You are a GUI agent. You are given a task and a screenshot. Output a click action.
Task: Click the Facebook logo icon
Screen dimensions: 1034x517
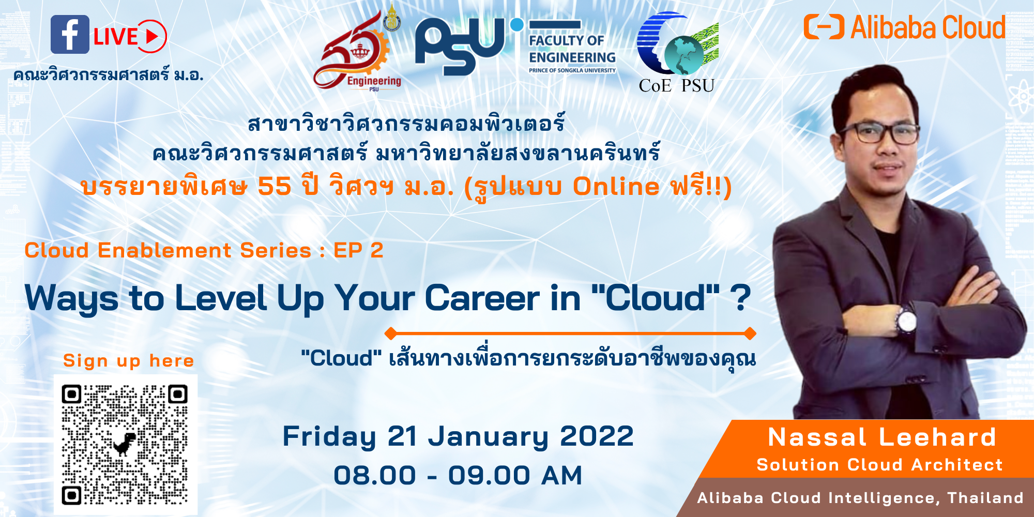coord(70,35)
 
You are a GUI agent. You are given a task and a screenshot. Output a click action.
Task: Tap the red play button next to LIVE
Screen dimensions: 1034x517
coord(152,36)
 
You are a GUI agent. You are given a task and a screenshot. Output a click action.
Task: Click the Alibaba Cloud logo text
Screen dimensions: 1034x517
coord(928,27)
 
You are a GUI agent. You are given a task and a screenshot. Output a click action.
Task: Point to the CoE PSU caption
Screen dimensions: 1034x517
coord(676,85)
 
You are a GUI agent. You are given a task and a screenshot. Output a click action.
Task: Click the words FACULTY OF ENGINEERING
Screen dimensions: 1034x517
coord(572,49)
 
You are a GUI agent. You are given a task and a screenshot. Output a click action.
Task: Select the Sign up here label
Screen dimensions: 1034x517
coord(128,360)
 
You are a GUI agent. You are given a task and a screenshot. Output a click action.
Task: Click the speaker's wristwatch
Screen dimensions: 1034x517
coord(906,321)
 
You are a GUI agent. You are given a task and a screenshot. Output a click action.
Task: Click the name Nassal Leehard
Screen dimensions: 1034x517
coord(882,437)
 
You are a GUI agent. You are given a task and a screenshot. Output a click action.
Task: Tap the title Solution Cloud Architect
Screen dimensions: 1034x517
coord(879,464)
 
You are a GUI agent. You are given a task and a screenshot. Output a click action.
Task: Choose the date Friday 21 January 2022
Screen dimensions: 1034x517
coord(458,436)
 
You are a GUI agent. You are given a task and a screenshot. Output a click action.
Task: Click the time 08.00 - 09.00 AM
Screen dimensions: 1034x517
coord(458,475)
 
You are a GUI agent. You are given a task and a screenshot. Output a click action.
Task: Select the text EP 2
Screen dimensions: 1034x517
coord(358,250)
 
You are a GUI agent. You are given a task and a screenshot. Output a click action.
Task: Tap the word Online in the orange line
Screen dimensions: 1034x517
coord(616,186)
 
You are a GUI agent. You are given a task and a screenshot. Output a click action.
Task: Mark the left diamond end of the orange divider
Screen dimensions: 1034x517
coord(391,333)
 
